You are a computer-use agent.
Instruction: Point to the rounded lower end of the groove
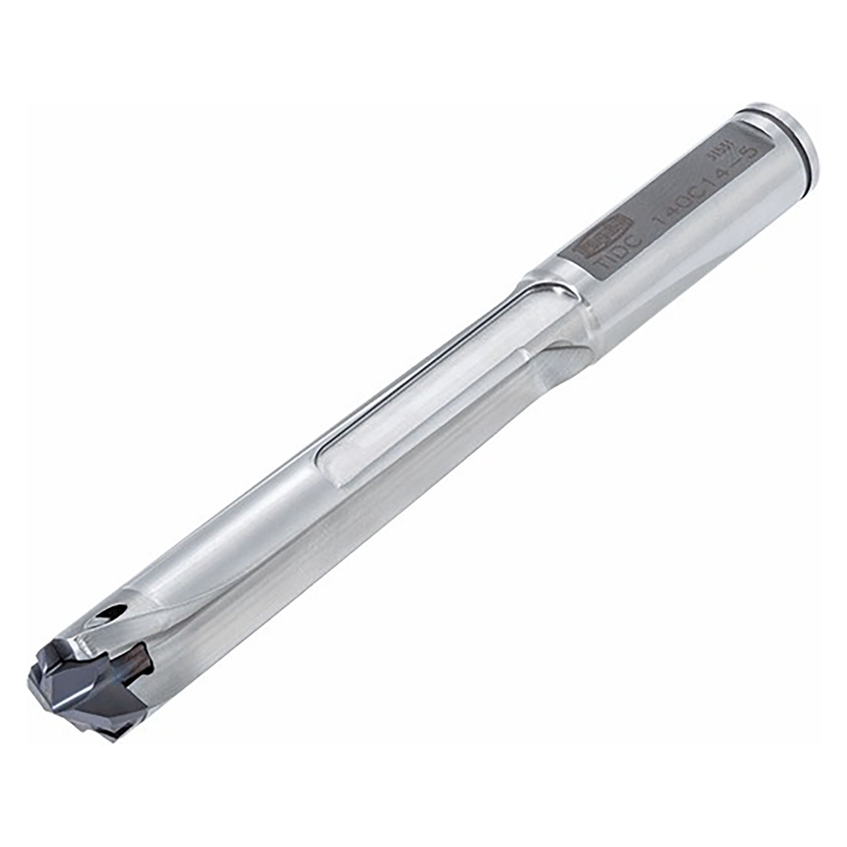(x=328, y=467)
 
